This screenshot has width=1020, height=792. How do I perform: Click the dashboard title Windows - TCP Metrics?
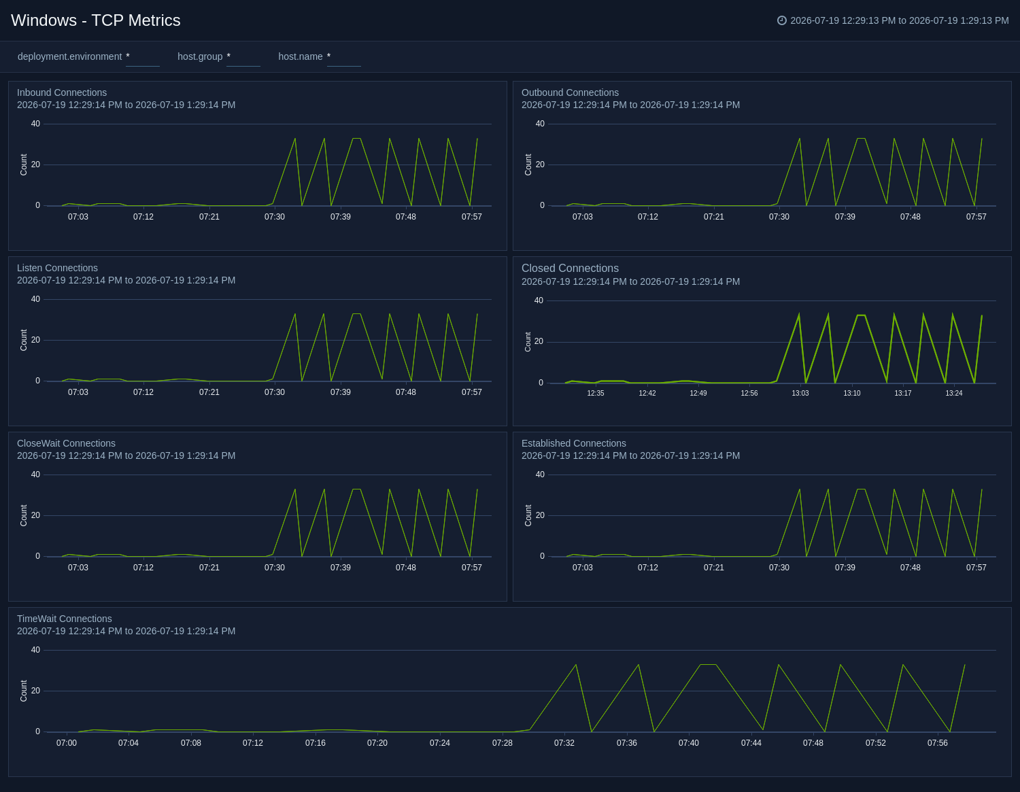click(x=96, y=20)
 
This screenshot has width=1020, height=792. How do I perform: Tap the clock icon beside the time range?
click(x=781, y=20)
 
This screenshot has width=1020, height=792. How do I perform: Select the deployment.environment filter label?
click(x=69, y=57)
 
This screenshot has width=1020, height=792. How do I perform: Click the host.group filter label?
click(x=200, y=57)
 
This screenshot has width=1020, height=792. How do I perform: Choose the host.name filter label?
click(x=301, y=57)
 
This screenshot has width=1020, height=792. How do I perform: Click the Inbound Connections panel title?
click(x=62, y=92)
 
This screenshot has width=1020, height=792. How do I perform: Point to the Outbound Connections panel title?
click(x=570, y=92)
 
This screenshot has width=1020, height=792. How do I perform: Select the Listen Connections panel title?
click(x=57, y=268)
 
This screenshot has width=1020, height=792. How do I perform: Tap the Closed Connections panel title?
click(x=570, y=269)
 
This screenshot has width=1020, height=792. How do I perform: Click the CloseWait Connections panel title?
click(x=66, y=443)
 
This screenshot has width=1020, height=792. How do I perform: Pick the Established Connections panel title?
click(x=574, y=443)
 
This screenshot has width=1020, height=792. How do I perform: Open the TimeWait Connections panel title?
click(x=65, y=619)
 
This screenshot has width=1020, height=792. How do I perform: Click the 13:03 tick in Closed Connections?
click(x=800, y=393)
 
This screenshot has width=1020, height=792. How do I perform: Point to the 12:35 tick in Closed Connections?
click(x=596, y=393)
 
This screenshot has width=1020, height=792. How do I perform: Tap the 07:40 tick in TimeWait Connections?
click(x=689, y=743)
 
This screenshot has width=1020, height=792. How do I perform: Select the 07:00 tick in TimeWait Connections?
click(x=67, y=743)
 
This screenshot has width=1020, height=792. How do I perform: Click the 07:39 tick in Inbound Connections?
click(x=340, y=217)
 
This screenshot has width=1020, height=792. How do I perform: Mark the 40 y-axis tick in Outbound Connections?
click(x=540, y=124)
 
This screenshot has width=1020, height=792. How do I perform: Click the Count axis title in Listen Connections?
click(x=24, y=340)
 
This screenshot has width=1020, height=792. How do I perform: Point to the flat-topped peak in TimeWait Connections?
click(x=709, y=665)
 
